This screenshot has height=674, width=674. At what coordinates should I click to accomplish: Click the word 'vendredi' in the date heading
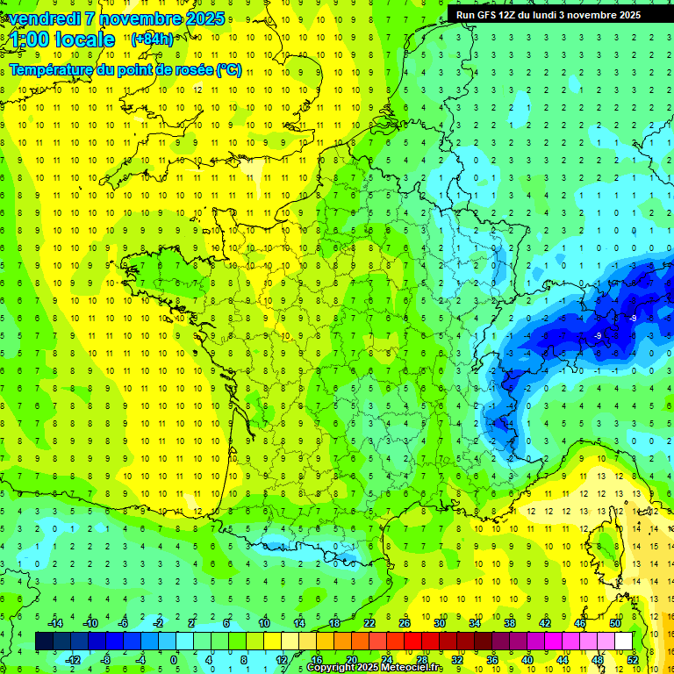(45, 18)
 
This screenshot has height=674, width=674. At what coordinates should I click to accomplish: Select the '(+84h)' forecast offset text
(152, 39)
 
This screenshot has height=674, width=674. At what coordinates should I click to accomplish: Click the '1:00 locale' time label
(63, 39)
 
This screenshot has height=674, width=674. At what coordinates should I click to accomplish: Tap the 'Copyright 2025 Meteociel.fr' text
(375, 668)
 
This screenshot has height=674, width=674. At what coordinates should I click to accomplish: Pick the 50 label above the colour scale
(614, 623)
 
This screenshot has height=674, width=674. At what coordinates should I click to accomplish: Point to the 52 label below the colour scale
(633, 660)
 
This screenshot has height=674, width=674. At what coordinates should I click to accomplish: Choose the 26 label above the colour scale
(405, 623)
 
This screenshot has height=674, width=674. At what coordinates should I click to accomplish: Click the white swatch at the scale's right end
(623, 642)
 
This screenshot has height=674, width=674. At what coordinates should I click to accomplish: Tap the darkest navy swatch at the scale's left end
(44, 642)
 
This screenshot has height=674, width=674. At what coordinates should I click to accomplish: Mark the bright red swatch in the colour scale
(412, 642)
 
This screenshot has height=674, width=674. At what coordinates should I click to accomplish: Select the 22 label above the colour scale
(369, 623)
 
